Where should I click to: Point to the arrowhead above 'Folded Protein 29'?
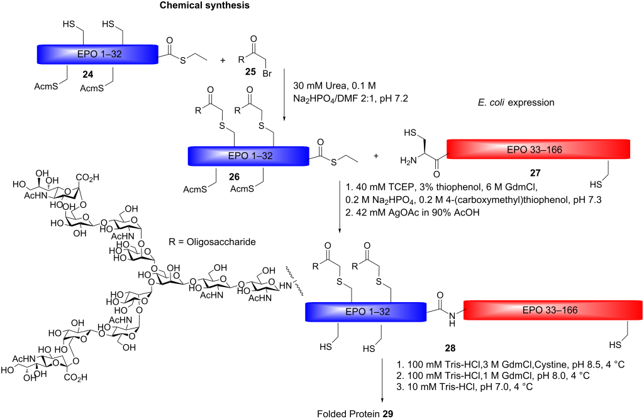click(x=384, y=400)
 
